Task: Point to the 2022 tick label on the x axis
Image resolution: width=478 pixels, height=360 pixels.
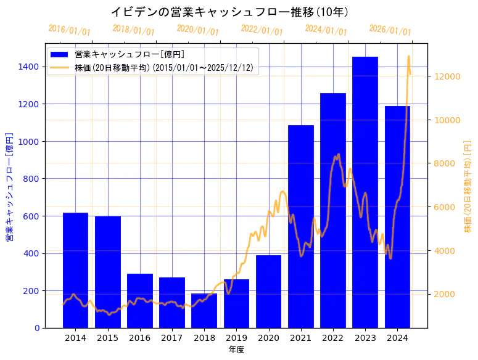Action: pyautogui.click(x=333, y=338)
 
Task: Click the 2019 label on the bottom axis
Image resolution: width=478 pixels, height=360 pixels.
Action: pyautogui.click(x=236, y=338)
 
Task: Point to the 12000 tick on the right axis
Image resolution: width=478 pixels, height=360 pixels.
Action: pyautogui.click(x=447, y=76)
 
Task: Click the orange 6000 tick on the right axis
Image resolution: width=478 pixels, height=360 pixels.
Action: pyautogui.click(x=445, y=207)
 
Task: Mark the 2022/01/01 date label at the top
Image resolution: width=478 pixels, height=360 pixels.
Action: pyautogui.click(x=262, y=31)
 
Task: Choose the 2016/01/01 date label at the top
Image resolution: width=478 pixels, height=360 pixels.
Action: pyautogui.click(x=69, y=30)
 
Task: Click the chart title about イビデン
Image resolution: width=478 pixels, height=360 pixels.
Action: pyautogui.click(x=229, y=12)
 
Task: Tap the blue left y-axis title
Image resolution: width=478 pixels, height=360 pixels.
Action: pyautogui.click(x=9, y=187)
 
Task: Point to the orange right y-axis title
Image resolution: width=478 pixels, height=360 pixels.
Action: pyautogui.click(x=468, y=187)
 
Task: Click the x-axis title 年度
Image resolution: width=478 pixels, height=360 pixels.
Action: pyautogui.click(x=237, y=350)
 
